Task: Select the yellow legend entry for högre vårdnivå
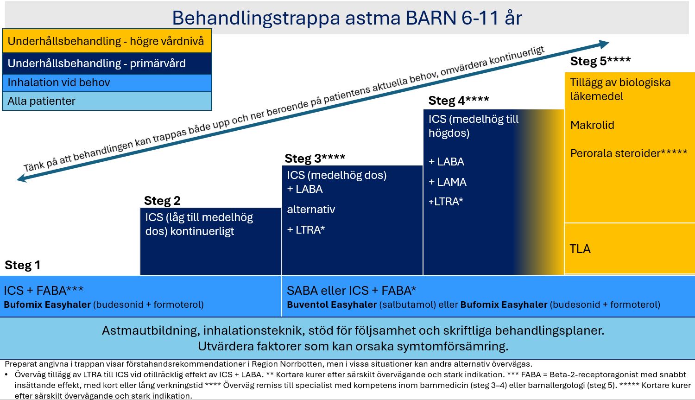click(107, 41)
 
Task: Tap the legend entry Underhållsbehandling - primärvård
click(107, 63)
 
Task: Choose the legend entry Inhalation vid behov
click(107, 83)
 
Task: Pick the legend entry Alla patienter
click(107, 101)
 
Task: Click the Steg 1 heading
click(22, 265)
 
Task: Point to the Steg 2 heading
click(162, 201)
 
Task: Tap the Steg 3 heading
click(315, 158)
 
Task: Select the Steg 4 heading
click(459, 101)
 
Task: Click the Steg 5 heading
click(600, 61)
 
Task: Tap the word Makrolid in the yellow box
click(592, 125)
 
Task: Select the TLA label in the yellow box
click(580, 249)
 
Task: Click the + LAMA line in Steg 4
click(448, 182)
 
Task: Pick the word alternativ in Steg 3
click(311, 210)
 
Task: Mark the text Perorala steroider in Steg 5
click(615, 153)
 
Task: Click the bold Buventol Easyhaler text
click(332, 305)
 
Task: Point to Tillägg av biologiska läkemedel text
click(620, 89)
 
